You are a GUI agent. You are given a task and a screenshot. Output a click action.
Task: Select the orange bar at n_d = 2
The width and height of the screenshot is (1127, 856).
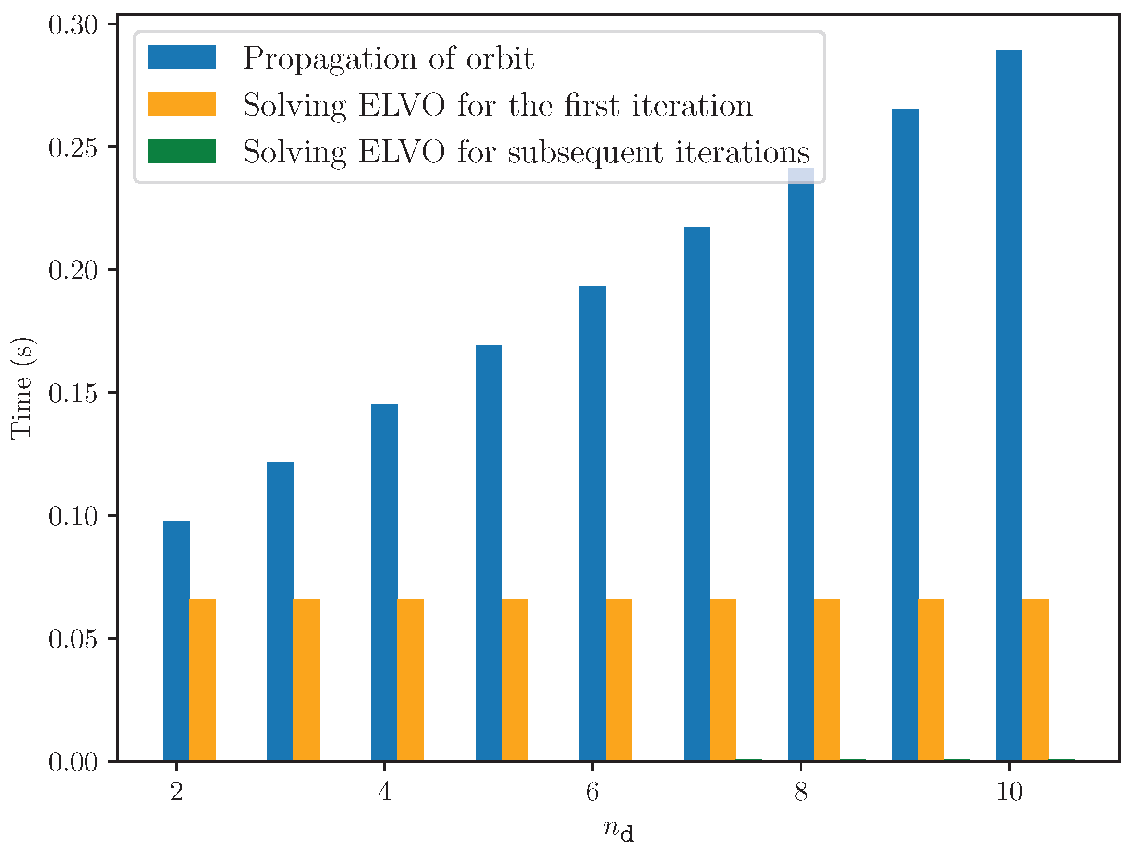point(202,680)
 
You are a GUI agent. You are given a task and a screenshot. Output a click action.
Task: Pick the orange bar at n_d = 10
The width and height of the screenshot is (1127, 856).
point(1035,680)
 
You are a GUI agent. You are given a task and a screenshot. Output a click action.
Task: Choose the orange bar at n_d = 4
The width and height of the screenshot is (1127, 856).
point(411,680)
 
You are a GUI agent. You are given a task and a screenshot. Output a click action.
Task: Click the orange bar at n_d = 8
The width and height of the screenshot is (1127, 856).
point(827,680)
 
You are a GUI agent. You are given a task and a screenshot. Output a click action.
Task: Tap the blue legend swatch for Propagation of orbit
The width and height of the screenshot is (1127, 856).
point(182,57)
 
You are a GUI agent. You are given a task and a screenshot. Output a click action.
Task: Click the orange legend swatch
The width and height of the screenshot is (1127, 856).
point(182,104)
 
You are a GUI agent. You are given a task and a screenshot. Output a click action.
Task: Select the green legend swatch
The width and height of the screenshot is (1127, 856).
point(182,151)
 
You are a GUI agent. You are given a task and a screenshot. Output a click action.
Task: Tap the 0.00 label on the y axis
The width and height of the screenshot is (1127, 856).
point(73,762)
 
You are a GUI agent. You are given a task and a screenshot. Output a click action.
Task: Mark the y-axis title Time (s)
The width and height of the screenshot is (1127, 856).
point(22,388)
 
